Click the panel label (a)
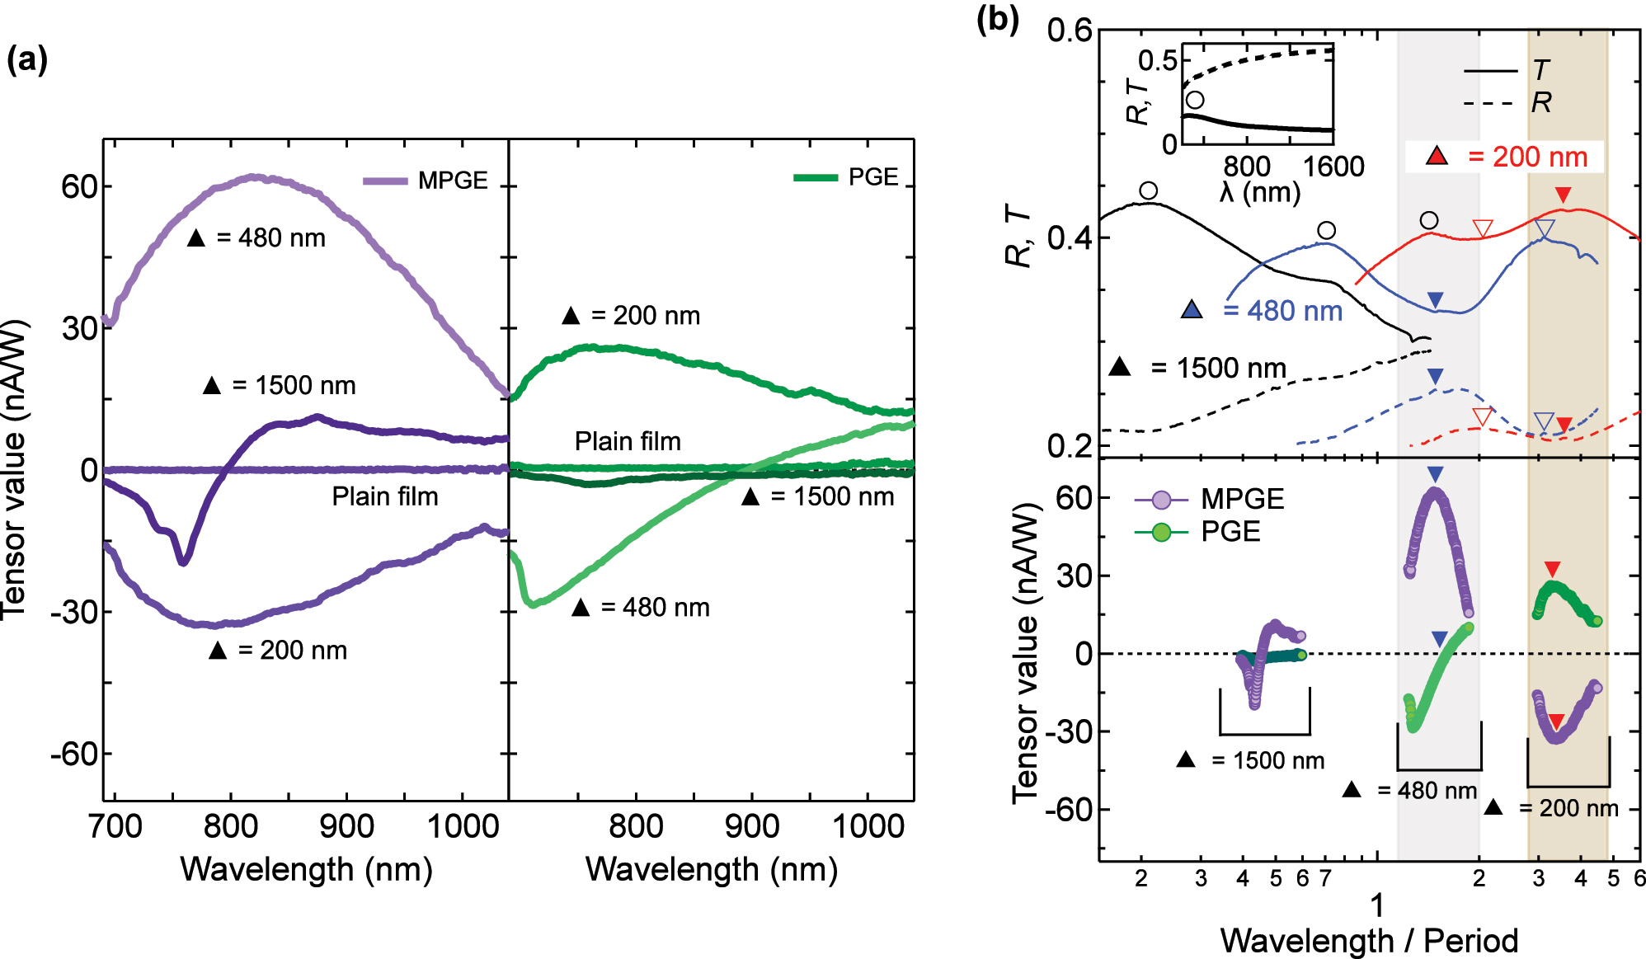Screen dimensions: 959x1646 (x=26, y=61)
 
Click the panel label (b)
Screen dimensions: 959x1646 (x=997, y=18)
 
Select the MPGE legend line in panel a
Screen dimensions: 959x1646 (x=385, y=181)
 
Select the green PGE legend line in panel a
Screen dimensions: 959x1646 (x=816, y=177)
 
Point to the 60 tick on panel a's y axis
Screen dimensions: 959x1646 (x=80, y=186)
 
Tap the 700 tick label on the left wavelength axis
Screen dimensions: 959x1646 (x=115, y=825)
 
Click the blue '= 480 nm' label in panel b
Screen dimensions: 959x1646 (x=1282, y=311)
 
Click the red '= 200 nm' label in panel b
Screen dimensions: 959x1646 (x=1527, y=157)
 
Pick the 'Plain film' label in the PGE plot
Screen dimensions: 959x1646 (x=628, y=441)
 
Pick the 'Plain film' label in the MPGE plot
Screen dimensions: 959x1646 (x=385, y=496)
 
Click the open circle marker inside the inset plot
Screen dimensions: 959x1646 (x=1194, y=100)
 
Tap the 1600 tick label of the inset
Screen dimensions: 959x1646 (x=1333, y=167)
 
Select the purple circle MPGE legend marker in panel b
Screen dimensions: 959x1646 (x=1161, y=500)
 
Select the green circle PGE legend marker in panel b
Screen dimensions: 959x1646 (x=1161, y=533)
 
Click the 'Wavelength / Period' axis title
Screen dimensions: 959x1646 (x=1369, y=940)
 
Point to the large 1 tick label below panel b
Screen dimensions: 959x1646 (x=1377, y=905)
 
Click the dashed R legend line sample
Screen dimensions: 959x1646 (x=1489, y=103)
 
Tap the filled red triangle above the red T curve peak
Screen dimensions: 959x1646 (x=1563, y=195)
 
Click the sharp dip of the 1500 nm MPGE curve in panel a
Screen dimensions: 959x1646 (x=184, y=562)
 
